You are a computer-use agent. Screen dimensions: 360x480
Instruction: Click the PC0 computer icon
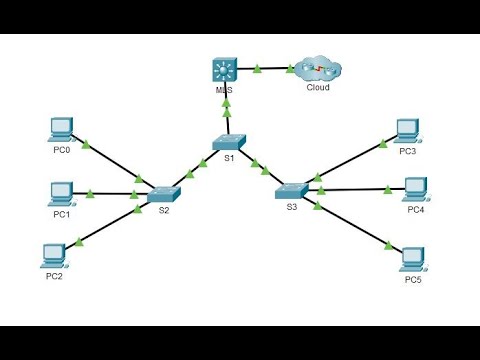point(62,129)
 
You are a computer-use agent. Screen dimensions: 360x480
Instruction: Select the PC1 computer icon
point(61,192)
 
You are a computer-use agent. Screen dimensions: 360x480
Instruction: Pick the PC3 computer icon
point(406,130)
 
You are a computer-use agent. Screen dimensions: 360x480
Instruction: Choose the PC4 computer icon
point(415,189)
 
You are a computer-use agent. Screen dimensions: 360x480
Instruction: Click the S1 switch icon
point(228,143)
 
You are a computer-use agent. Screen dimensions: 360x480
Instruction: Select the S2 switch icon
point(163,195)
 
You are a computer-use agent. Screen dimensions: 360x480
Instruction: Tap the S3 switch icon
point(292,190)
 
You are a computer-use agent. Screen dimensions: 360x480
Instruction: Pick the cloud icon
point(317,70)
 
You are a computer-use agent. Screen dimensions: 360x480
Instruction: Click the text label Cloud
point(318,88)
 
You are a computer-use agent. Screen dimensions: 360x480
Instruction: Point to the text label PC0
point(62,150)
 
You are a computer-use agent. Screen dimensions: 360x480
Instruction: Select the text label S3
point(292,208)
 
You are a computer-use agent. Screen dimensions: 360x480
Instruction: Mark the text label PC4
point(416,210)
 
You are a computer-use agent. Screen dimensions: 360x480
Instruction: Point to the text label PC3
point(407,151)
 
